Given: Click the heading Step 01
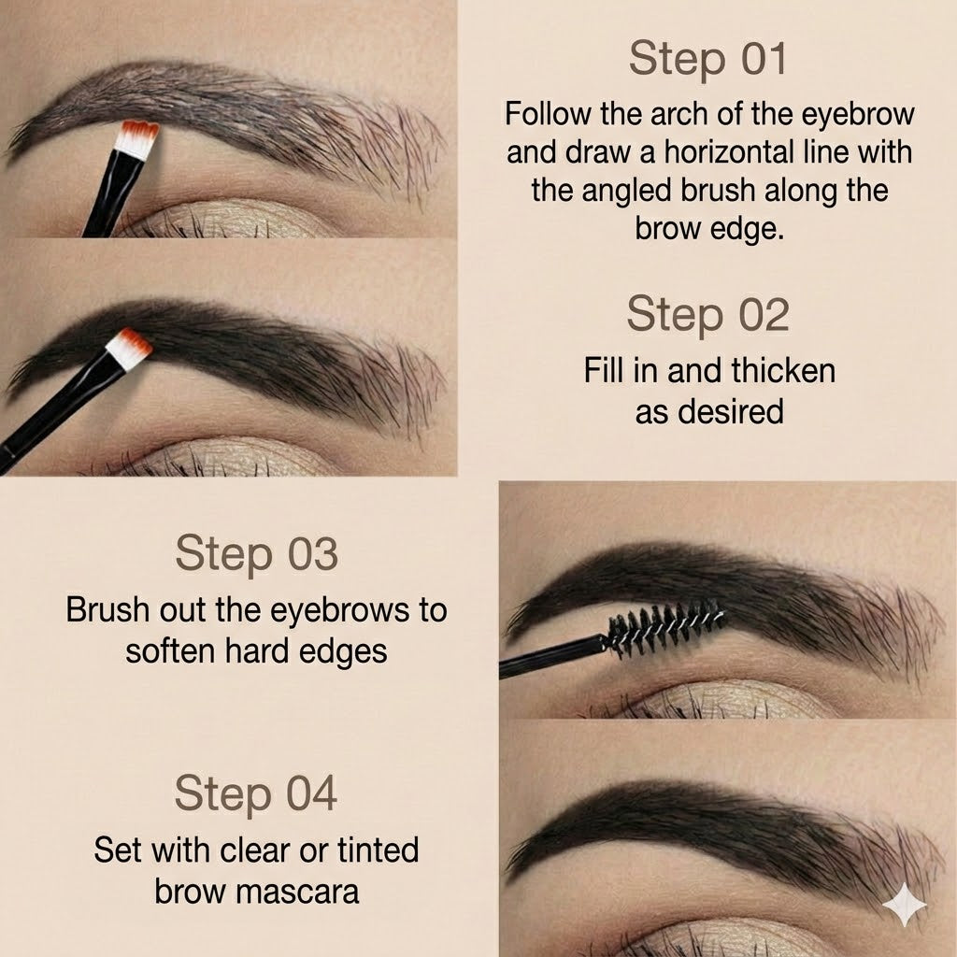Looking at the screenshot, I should [x=708, y=59].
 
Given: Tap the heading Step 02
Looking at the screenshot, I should [x=708, y=314].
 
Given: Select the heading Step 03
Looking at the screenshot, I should [x=255, y=554].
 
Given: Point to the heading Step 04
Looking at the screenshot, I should [x=255, y=794].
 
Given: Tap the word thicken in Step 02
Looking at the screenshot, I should [x=783, y=370].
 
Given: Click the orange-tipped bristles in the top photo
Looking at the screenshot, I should [x=140, y=136].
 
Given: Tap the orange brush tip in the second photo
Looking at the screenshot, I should [x=129, y=346].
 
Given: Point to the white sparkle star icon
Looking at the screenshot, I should [x=904, y=905].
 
